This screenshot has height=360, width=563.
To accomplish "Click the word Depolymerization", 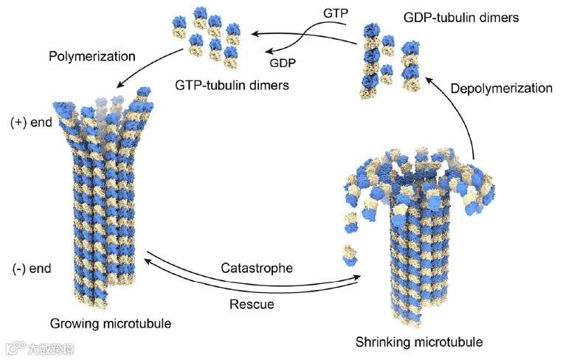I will coord(502,88).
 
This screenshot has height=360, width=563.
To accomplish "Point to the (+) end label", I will coord(30,122).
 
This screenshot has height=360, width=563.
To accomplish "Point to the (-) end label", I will coord(31,268).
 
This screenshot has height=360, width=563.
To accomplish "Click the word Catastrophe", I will coord(257,268).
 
